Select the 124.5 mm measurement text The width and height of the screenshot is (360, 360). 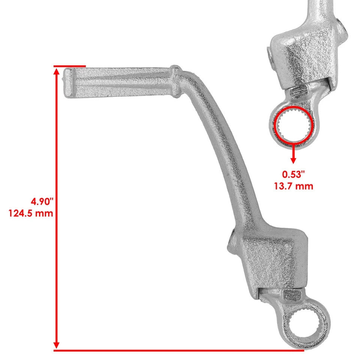30,213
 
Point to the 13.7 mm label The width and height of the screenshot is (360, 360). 293,186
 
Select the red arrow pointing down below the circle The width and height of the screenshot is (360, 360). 293,154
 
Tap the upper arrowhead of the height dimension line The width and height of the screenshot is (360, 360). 57,73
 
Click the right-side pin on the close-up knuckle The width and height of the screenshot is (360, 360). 339,26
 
